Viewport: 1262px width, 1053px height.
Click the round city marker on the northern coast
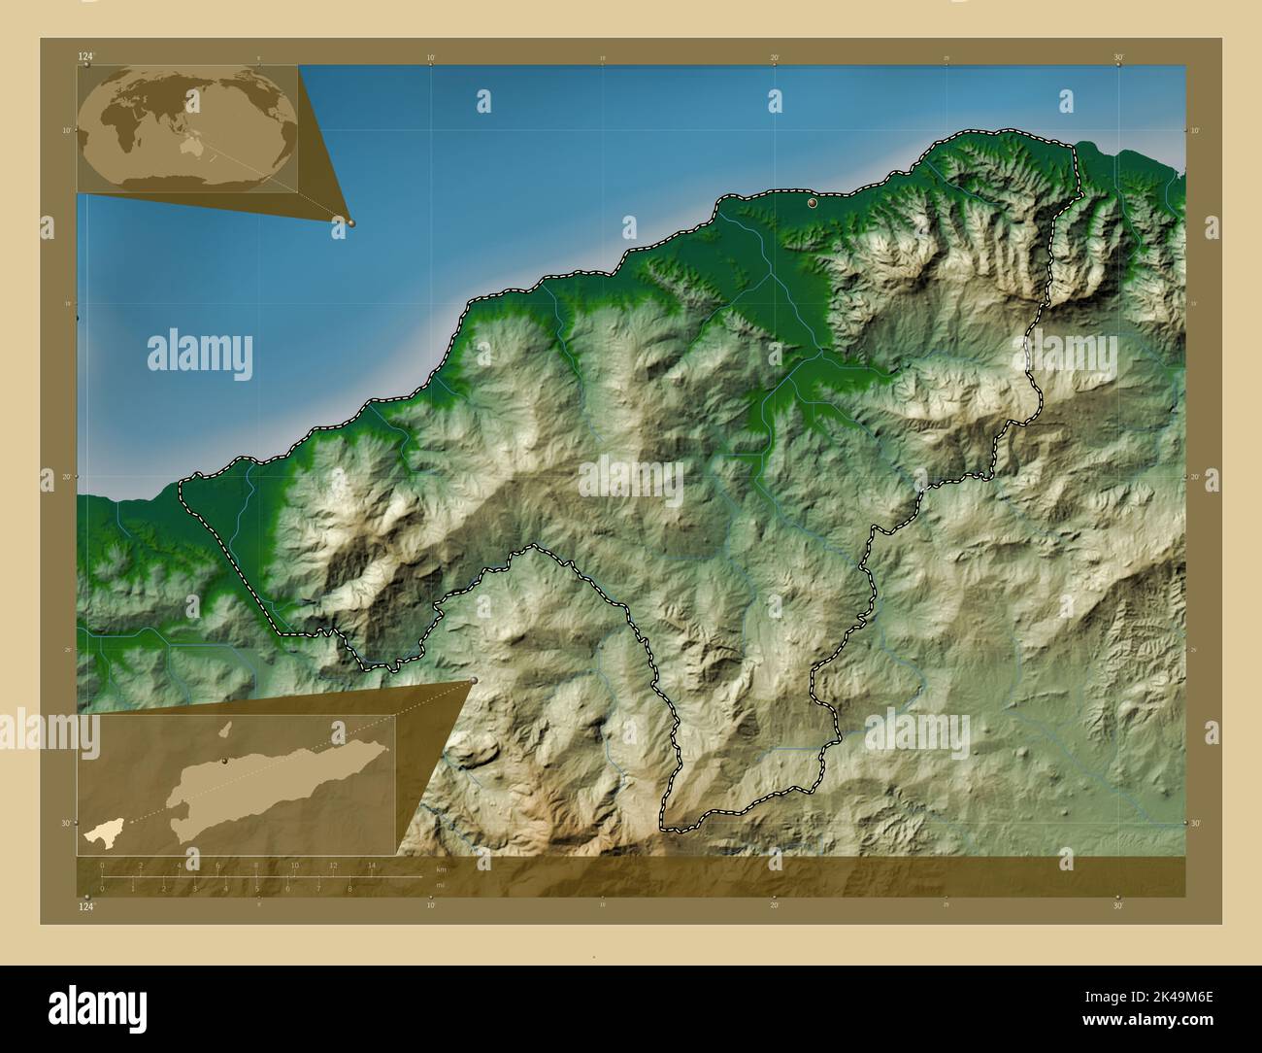[812, 204]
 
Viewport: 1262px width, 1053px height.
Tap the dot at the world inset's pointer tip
[351, 222]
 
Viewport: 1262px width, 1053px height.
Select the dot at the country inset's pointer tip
[474, 680]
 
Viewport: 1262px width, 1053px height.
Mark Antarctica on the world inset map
[184, 179]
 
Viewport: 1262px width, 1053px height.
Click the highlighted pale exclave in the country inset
[100, 833]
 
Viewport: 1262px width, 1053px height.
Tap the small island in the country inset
[223, 730]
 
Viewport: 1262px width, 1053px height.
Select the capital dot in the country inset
[224, 762]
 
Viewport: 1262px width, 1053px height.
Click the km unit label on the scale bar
[441, 868]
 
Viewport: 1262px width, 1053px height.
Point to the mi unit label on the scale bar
[441, 884]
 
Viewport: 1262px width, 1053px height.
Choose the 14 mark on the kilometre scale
[371, 866]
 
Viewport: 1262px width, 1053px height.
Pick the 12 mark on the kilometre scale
[333, 866]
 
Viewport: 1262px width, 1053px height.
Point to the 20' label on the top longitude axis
[775, 57]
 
